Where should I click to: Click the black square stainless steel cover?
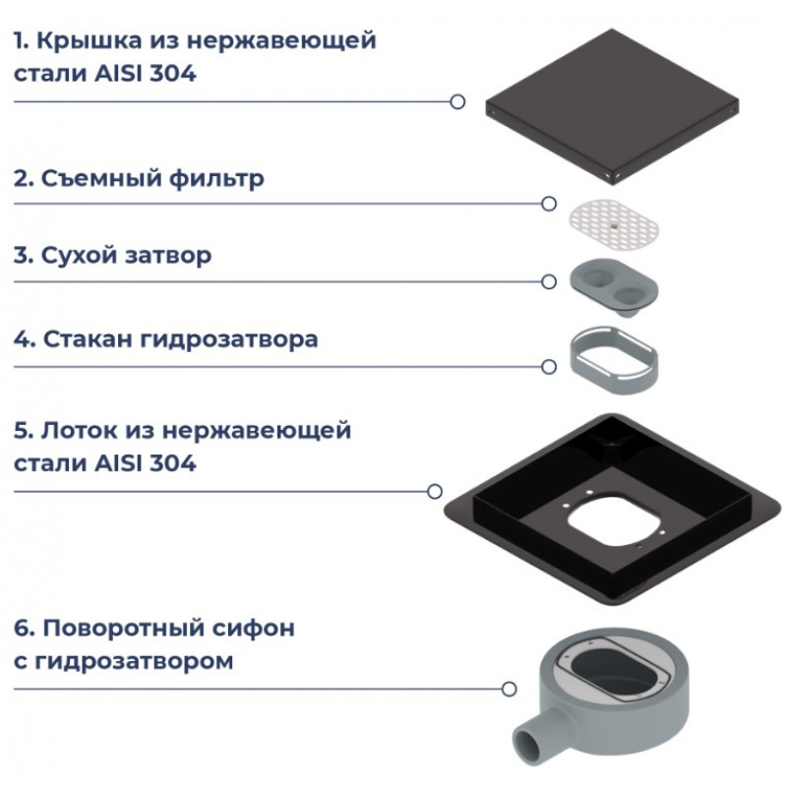point(612,106)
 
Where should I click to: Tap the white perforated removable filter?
point(613,225)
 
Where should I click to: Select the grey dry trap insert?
point(613,286)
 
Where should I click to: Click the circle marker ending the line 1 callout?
point(457,102)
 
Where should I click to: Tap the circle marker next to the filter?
point(549,204)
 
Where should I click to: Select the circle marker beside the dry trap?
point(549,281)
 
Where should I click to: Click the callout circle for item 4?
point(549,367)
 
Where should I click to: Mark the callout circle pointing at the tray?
point(435,491)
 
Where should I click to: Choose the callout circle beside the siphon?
point(509,689)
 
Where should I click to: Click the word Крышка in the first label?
point(90,40)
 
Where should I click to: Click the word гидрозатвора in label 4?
point(229,340)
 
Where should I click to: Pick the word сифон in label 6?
point(253,629)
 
